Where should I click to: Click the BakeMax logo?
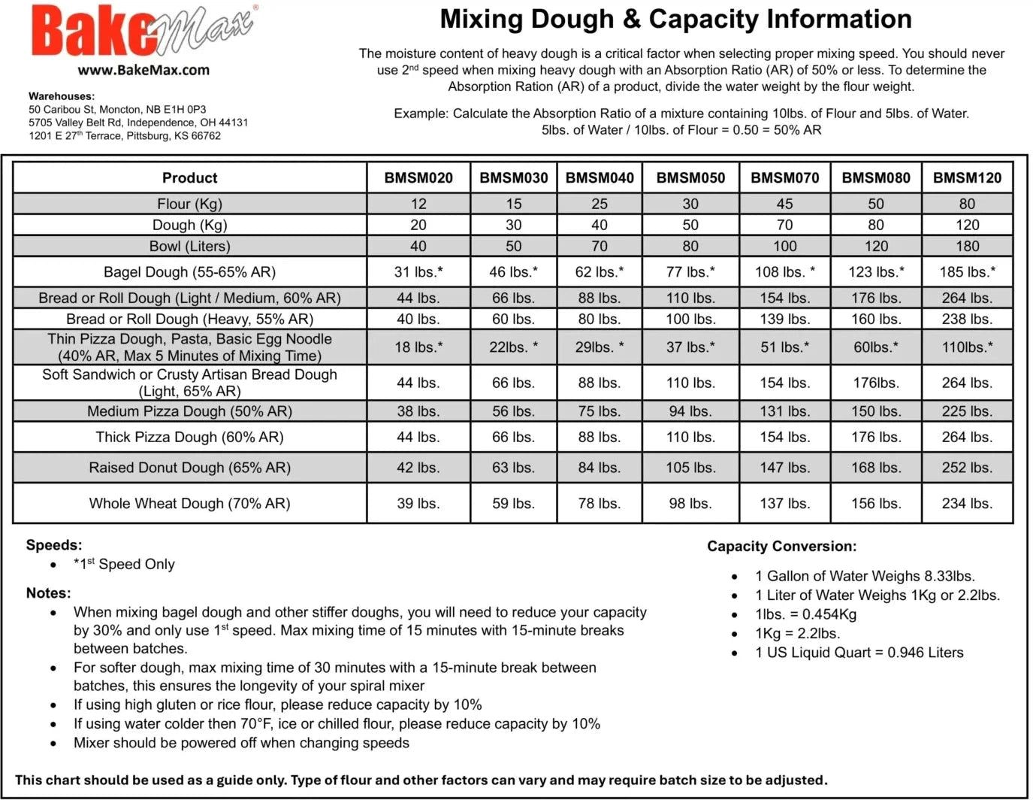[x=143, y=32]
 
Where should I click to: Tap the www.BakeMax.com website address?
[x=143, y=70]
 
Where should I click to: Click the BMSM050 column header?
[x=690, y=178]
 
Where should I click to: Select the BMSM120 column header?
[x=967, y=178]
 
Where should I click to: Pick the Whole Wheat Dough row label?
[x=189, y=503]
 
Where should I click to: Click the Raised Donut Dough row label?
[x=189, y=468]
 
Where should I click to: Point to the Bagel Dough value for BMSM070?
[x=784, y=272]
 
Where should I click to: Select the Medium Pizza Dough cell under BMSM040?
[x=599, y=411]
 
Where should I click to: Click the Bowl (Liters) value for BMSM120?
[x=967, y=246]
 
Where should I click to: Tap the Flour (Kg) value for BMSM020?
[x=418, y=204]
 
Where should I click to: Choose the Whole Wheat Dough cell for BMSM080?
[x=875, y=503]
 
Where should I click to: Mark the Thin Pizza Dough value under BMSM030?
[x=513, y=347]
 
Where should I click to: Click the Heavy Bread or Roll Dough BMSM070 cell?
[x=784, y=319]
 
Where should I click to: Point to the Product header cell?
[x=189, y=178]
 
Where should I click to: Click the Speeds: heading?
[x=54, y=545]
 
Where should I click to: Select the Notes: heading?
[x=48, y=593]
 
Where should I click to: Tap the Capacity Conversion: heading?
[x=781, y=547]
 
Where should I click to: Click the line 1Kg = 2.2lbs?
[x=797, y=633]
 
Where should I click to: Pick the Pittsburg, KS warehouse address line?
[x=125, y=136]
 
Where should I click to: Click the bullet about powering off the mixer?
[x=241, y=743]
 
